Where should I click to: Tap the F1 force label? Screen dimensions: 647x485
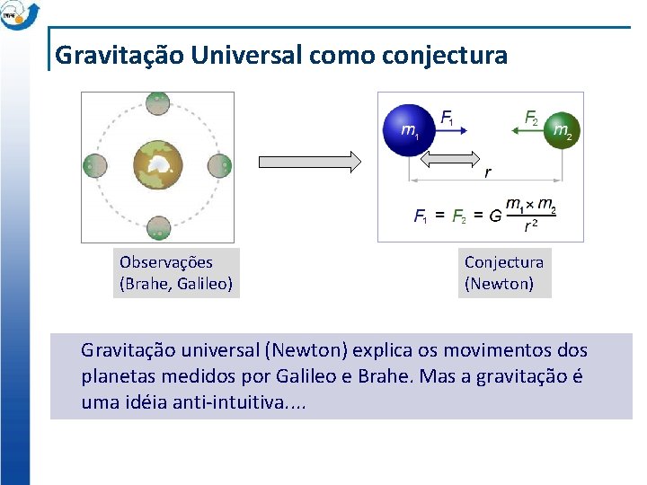[448, 117]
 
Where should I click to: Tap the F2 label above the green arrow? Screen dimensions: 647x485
[531, 117]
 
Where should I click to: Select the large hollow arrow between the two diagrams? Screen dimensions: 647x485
[309, 162]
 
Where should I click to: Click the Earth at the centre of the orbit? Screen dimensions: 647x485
[157, 167]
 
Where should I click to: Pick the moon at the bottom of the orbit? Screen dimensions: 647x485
[157, 229]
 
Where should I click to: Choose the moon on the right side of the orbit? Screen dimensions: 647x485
[220, 166]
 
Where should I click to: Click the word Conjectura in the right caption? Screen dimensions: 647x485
[503, 262]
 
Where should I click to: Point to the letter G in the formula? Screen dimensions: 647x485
[495, 216]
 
